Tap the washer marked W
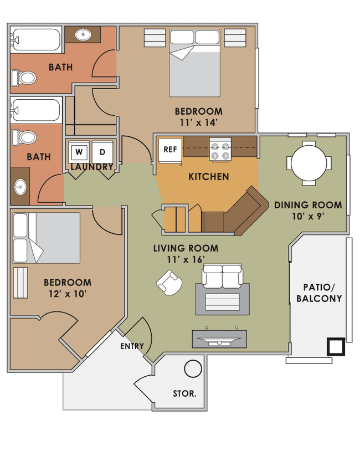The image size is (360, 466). click(79, 151)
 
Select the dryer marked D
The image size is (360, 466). click(102, 151)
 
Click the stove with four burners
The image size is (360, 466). click(220, 151)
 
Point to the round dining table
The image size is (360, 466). click(309, 163)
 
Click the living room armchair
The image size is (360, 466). click(169, 283)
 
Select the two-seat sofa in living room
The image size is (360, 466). click(222, 276)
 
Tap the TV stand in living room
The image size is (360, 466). click(219, 339)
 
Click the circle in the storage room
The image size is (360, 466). click(193, 368)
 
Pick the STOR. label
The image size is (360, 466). click(185, 394)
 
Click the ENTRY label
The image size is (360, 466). click(132, 346)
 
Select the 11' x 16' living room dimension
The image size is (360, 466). click(186, 259)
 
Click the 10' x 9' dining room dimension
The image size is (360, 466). click(307, 217)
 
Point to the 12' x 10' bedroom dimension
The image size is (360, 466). click(67, 294)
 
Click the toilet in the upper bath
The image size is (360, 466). click(24, 78)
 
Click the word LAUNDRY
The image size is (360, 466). click(91, 167)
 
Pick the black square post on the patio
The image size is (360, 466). click(336, 346)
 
